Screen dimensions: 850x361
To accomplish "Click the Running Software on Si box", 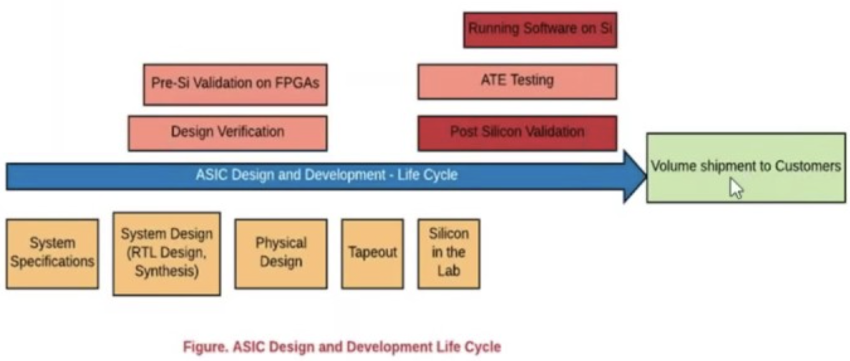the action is coord(540,30).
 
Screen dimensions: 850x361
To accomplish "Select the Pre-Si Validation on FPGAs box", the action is coord(235,84).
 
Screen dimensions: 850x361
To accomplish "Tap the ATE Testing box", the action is coord(517,81).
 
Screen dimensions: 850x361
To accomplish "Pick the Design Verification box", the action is coord(228,133).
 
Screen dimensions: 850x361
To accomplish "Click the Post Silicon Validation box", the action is coord(517,133).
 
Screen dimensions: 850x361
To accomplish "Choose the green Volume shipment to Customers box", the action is coord(746,168).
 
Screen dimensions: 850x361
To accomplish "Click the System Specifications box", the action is coord(52,254).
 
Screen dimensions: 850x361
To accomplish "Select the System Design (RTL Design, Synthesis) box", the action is coord(167,254).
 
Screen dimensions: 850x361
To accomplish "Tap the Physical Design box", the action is coord(281,254).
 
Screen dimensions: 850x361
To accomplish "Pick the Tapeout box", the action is coord(372,254).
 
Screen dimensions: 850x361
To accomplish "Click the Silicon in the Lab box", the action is coord(449,254).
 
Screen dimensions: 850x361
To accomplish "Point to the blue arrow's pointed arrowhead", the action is coord(646,176).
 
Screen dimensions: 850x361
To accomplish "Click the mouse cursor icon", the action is coord(736,188).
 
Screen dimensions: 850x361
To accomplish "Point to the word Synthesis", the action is coord(166,271).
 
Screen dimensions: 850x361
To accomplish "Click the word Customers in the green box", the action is coord(808,166).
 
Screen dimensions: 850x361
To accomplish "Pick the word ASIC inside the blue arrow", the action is coord(211,174).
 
